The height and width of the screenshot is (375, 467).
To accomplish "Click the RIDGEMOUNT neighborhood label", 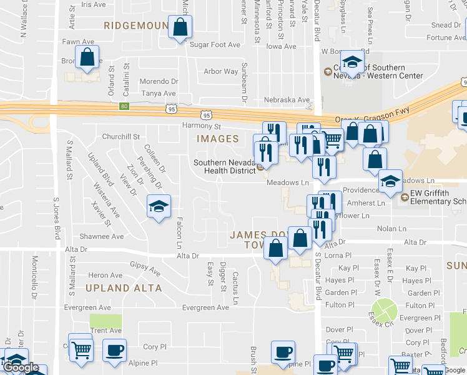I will (136, 26).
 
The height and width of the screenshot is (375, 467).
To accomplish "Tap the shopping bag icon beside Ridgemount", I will (180, 28).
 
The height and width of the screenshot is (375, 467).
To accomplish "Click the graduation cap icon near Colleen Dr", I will (159, 206).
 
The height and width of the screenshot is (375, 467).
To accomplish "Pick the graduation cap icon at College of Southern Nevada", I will (353, 63).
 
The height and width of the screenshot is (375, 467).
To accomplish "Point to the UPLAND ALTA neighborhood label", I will (124, 289).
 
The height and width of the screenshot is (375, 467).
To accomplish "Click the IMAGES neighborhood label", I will (219, 139).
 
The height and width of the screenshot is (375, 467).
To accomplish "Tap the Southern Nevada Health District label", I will (225, 167).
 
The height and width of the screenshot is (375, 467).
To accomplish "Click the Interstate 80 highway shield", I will (124, 106).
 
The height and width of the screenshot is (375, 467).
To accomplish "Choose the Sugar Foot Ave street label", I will (215, 45).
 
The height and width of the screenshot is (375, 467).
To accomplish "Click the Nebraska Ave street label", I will (287, 100).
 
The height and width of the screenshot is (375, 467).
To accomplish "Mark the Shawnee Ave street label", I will (102, 237).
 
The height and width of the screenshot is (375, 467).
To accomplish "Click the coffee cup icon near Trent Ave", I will (114, 350).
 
